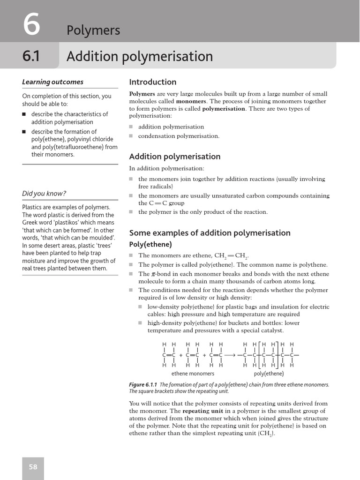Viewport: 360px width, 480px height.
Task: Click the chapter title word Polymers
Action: point(93,30)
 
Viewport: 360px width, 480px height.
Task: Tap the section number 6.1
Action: point(31,56)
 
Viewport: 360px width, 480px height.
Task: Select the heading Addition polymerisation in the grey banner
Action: point(139,57)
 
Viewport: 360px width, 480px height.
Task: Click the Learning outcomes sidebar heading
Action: point(52,82)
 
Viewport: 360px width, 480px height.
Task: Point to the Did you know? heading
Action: point(44,194)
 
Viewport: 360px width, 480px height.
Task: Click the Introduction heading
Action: point(153,82)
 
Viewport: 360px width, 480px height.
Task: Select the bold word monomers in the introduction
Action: point(191,101)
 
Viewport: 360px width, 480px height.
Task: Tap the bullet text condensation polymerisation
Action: point(179,136)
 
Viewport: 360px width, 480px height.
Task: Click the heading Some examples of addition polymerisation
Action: point(210,233)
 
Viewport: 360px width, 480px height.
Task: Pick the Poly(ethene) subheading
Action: point(150,245)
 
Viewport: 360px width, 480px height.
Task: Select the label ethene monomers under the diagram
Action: point(193,374)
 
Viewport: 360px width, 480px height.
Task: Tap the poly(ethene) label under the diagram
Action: point(269,374)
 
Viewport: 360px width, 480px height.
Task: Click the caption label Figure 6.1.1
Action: point(144,385)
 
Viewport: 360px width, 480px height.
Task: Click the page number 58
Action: point(33,467)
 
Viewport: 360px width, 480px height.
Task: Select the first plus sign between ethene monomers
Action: point(181,355)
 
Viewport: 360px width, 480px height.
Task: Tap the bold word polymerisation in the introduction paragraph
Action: point(224,109)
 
